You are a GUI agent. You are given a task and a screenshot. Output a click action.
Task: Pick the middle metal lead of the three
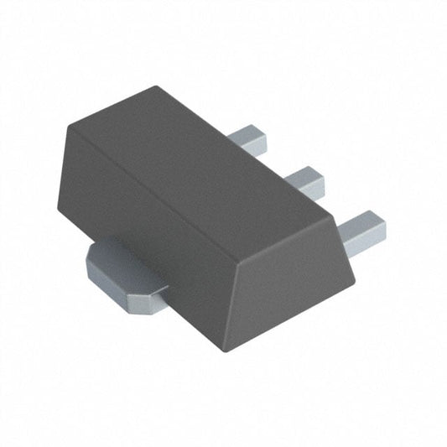click(x=304, y=182)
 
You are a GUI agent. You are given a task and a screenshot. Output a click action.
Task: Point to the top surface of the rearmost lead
click(x=246, y=134)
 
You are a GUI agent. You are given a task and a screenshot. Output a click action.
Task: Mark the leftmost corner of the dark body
click(x=57, y=210)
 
